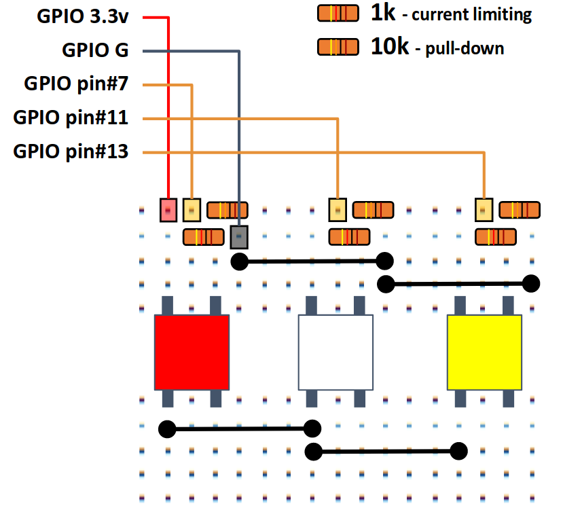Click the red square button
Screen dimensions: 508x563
[x=192, y=352]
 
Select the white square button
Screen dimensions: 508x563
[x=335, y=352]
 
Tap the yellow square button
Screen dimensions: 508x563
[x=484, y=352]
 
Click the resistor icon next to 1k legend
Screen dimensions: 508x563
[x=338, y=13]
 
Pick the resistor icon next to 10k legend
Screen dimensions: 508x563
[x=338, y=47]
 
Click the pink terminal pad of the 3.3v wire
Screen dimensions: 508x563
[x=168, y=210]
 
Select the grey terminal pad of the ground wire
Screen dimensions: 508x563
[x=239, y=237]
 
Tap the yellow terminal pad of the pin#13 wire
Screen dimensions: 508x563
[x=484, y=210]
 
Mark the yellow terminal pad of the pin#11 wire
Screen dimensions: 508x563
[x=338, y=210]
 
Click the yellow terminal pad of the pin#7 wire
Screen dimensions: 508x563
[x=192, y=210]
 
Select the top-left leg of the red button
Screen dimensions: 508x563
[x=167, y=305]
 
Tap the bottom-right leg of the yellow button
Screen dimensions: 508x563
[x=508, y=399]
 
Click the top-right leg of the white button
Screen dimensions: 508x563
[x=359, y=305]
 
